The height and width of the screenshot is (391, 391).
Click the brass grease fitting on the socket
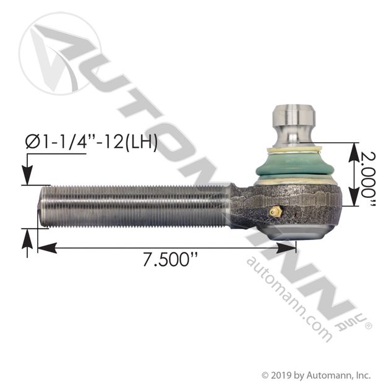[x=276, y=212]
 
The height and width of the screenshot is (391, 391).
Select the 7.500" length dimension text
[x=171, y=260]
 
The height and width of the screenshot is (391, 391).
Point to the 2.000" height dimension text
[x=368, y=179]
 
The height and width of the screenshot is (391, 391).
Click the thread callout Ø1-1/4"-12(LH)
[x=92, y=142]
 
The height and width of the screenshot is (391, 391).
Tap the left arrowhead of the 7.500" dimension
[x=47, y=248]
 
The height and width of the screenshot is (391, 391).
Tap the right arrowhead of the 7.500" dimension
[x=286, y=248]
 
